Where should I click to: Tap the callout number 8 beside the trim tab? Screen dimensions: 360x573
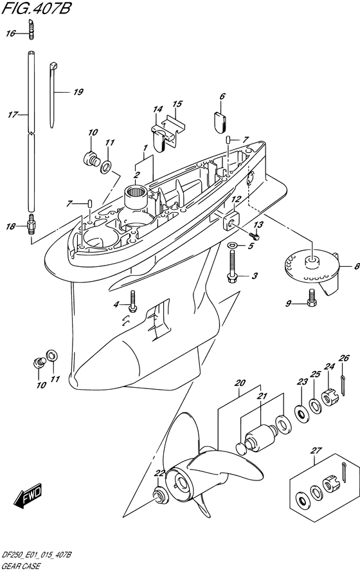(x=357, y=266)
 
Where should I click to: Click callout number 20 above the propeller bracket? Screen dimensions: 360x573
(x=240, y=383)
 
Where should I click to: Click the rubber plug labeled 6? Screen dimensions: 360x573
(x=220, y=120)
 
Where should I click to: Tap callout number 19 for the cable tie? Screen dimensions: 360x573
(x=78, y=92)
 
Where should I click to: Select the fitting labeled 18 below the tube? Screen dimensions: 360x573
(x=30, y=224)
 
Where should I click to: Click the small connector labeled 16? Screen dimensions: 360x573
(x=31, y=29)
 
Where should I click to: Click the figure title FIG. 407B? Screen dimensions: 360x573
(x=35, y=8)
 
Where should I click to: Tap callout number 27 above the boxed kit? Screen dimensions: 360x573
(x=316, y=450)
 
